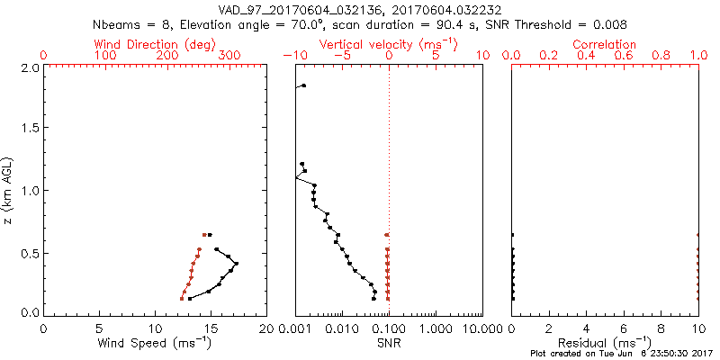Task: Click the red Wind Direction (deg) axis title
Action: point(156,44)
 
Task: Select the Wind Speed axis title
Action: point(156,343)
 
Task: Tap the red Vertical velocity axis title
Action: point(389,44)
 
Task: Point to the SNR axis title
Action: point(389,343)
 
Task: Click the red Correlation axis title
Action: point(605,44)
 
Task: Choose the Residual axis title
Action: point(605,343)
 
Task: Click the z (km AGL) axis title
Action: point(8,190)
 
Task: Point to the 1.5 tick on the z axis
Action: point(29,129)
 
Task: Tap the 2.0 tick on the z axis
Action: point(29,67)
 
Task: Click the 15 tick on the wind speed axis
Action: point(211,328)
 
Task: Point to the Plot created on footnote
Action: point(620,355)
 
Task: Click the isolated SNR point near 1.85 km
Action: point(303,85)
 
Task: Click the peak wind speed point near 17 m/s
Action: point(236,264)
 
